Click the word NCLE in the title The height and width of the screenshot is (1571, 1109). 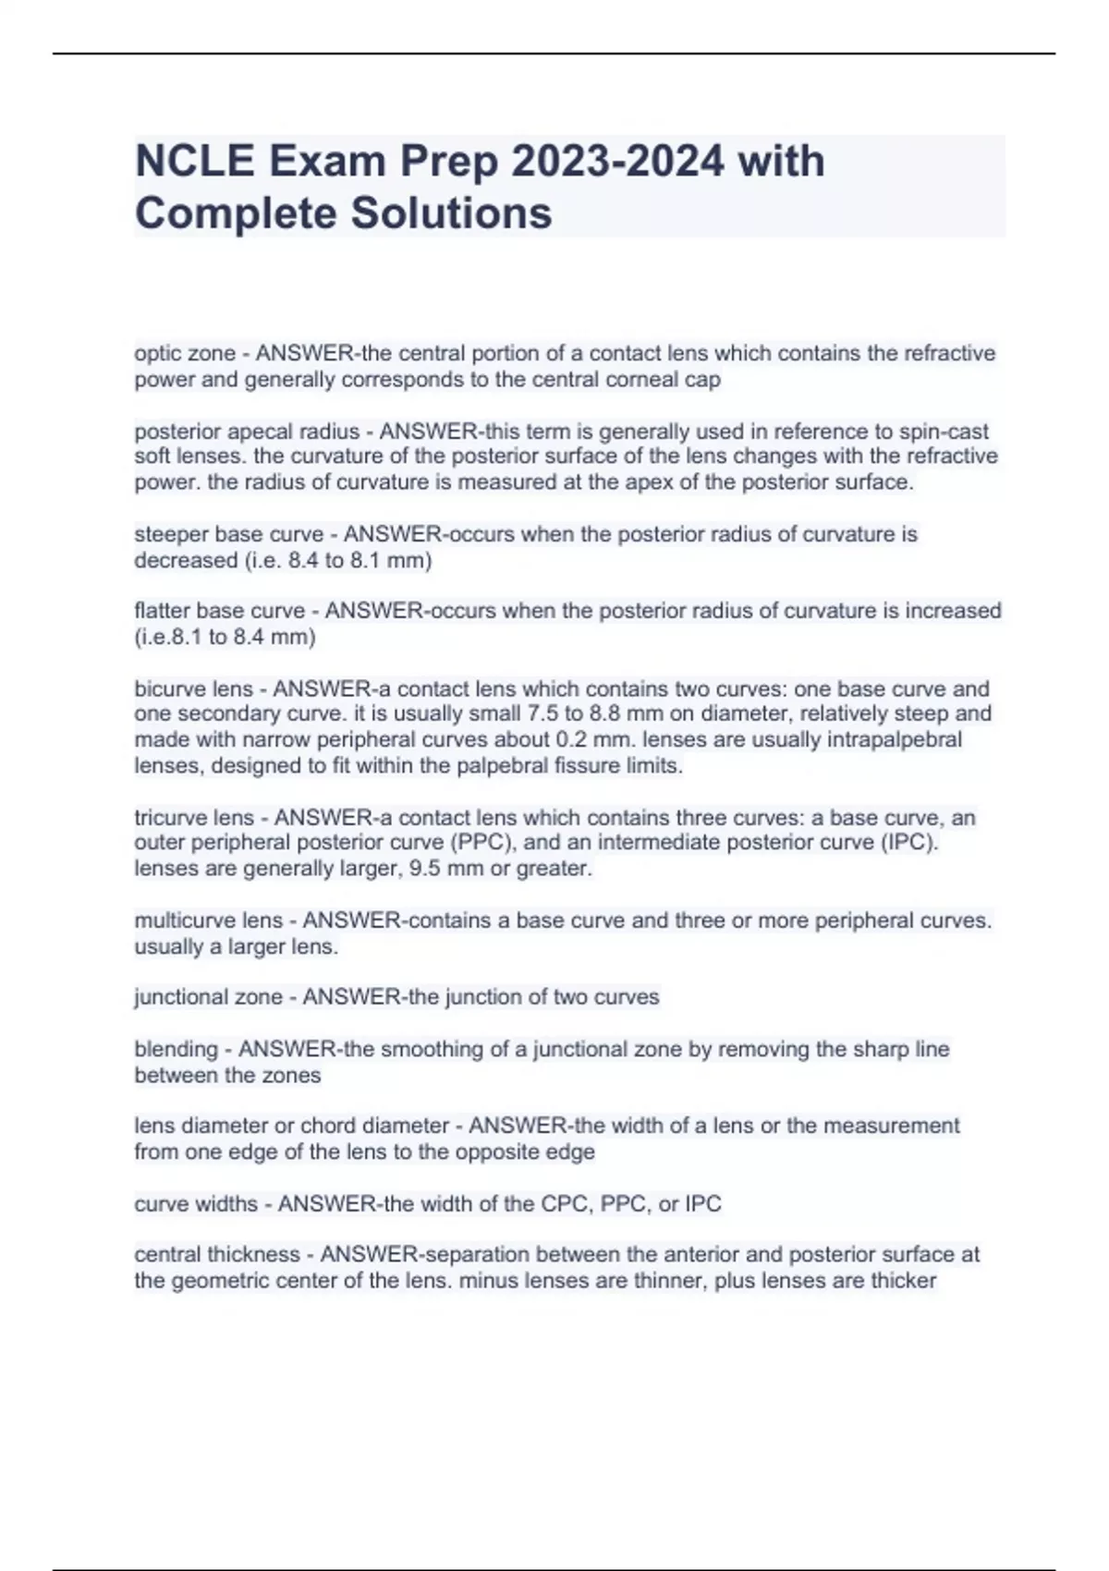[x=194, y=162]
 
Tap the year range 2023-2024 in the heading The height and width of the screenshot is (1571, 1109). [x=617, y=162]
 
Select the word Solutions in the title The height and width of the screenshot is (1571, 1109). [x=450, y=213]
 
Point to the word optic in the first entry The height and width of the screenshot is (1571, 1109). [x=158, y=354]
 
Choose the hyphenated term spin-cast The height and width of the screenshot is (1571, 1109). [x=944, y=432]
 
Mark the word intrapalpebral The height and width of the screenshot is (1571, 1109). [x=896, y=740]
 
